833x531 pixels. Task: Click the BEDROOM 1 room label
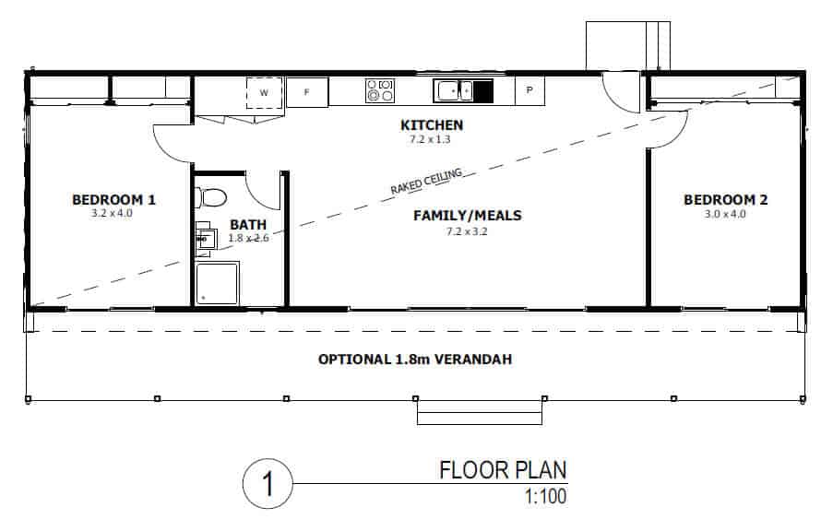click(x=113, y=200)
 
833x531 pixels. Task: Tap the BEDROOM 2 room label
click(x=725, y=200)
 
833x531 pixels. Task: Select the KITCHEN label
click(x=432, y=125)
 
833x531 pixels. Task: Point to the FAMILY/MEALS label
click(x=468, y=216)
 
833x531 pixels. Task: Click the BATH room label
click(x=248, y=225)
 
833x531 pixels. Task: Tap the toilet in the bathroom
click(x=210, y=197)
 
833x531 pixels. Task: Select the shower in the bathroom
click(x=218, y=283)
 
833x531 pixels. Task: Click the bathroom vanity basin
click(x=206, y=239)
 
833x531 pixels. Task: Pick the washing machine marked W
click(x=264, y=93)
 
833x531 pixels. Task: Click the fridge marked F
click(x=307, y=92)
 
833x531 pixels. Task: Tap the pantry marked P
click(x=530, y=90)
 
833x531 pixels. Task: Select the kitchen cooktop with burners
click(x=380, y=90)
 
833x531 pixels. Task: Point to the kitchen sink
click(x=453, y=90)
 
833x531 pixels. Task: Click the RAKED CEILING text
click(x=426, y=181)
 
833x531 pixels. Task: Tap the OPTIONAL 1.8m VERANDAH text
click(x=415, y=360)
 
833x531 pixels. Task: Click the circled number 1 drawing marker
click(x=268, y=484)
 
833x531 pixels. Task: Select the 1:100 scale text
click(x=545, y=497)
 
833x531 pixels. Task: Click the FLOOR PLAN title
click(x=503, y=470)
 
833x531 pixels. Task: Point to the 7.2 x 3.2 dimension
click(x=467, y=231)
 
